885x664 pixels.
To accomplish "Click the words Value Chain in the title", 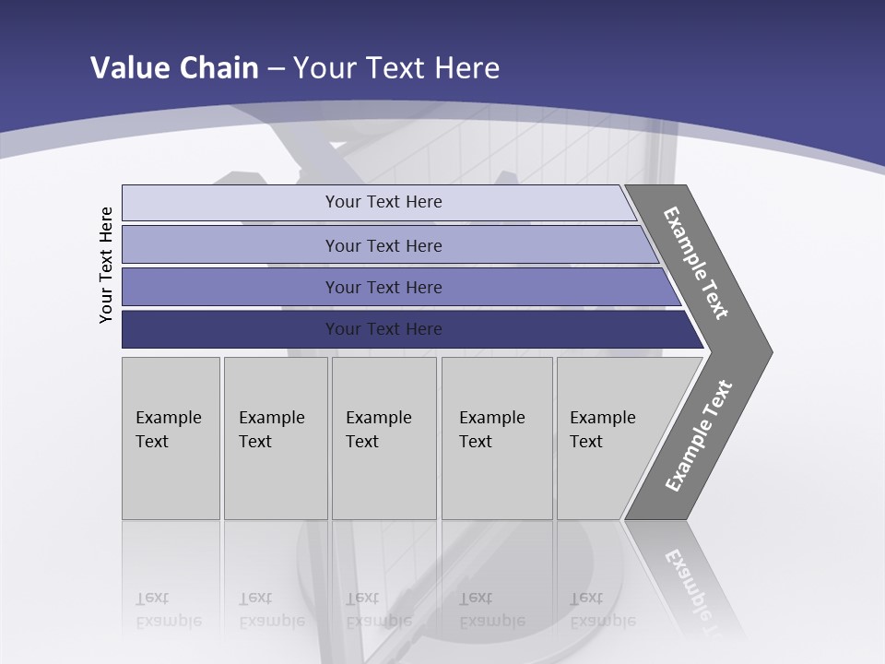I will click(x=174, y=67).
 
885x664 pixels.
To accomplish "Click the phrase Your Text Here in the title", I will click(x=396, y=67).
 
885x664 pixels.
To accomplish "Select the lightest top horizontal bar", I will click(x=230, y=202).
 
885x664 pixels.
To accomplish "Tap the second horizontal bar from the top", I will click(x=230, y=245).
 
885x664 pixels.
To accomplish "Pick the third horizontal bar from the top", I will click(x=230, y=287).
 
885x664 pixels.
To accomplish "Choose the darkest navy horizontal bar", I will click(x=230, y=329).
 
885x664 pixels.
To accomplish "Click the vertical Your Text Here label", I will click(x=106, y=265).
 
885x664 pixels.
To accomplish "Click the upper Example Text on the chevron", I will click(x=696, y=263).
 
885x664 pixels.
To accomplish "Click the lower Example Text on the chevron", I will click(x=698, y=436).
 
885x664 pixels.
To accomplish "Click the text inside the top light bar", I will click(x=383, y=202).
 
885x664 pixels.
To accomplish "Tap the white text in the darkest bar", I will click(x=383, y=329).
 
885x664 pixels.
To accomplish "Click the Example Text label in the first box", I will click(x=168, y=430).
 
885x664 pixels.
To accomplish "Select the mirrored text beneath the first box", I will click(x=168, y=610).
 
